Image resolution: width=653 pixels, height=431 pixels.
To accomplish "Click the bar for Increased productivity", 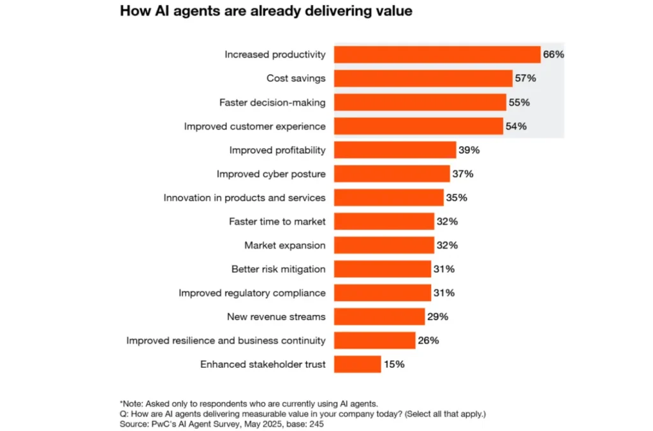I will (437, 55).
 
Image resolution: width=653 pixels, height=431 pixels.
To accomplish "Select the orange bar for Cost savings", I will (423, 78).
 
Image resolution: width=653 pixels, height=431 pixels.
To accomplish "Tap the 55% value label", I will (518, 102).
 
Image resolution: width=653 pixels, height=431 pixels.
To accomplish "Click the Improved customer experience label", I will (254, 126).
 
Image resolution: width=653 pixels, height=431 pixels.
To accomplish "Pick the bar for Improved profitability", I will (395, 150).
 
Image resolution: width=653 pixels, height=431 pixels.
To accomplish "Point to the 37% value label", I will (462, 174).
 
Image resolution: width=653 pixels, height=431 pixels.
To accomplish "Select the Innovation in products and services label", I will (244, 198).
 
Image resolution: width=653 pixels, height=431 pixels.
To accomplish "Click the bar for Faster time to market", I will (384, 221).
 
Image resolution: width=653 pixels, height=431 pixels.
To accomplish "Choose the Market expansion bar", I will (384, 245).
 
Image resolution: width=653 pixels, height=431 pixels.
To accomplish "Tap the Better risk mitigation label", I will (278, 269).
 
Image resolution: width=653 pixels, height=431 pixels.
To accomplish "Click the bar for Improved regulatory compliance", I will (382, 293).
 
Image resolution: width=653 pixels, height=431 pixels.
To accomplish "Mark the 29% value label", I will (437, 317).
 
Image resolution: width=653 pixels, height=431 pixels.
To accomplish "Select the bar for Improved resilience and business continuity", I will (374, 340).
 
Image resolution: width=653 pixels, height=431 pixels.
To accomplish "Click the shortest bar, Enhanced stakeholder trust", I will (357, 364).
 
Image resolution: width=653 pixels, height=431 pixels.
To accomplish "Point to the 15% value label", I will (393, 365).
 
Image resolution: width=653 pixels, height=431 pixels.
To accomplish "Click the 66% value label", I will (554, 55).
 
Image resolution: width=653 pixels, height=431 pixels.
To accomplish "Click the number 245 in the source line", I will (317, 423).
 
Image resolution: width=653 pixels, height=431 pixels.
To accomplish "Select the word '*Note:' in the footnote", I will (131, 403).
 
